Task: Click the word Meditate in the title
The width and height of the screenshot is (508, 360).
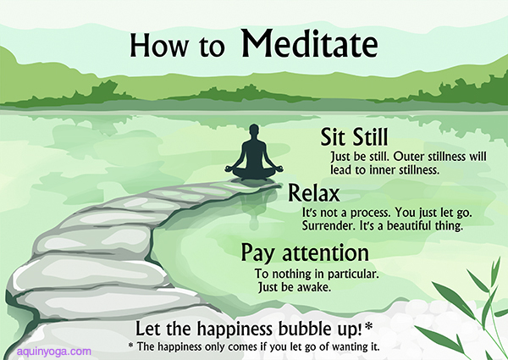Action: [309, 44]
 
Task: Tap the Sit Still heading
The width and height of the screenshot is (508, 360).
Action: [354, 136]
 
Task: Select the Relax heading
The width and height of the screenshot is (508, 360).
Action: [313, 193]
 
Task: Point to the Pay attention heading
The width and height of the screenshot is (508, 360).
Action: [305, 253]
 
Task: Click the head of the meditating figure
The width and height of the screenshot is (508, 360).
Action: [254, 132]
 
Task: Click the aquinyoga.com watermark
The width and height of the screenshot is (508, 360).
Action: [54, 352]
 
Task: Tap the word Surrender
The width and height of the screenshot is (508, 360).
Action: [329, 226]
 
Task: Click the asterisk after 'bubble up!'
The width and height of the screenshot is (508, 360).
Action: [368, 326]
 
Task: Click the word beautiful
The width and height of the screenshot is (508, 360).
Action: [410, 226]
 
